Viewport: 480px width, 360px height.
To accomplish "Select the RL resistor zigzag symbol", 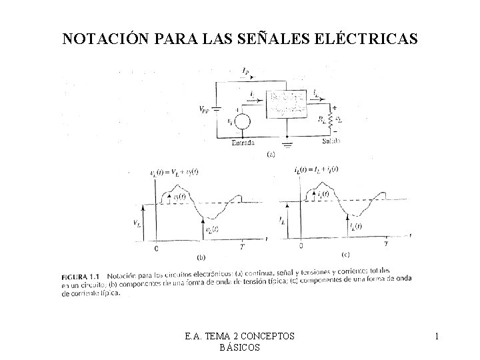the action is pos(330,121).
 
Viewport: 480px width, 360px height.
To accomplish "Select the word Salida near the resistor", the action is pos(331,142).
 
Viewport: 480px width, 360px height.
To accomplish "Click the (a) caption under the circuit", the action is pos(271,155).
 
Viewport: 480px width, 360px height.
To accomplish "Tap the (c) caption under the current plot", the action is pos(345,255).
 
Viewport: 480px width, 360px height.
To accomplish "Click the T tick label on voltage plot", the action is pos(241,247).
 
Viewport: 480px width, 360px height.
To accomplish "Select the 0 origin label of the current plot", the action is pos(301,246).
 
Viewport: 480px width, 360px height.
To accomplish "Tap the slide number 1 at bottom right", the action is pos(436,337).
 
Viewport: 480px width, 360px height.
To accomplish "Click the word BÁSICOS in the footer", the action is pos(239,348).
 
